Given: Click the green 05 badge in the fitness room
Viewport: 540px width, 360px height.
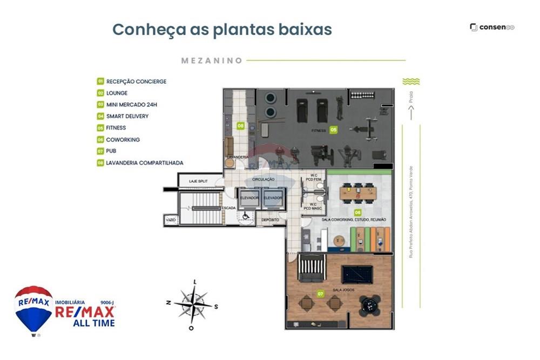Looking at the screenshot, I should pos(334,130).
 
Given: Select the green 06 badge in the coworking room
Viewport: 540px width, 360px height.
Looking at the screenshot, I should pos(357,213).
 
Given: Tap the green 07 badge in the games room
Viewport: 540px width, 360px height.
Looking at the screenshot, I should pos(320,294).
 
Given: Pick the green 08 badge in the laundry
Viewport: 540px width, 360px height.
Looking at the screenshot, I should pos(240,126).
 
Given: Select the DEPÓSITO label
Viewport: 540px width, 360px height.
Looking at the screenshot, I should pos(271,220).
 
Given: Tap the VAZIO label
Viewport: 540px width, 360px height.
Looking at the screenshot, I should pos(171,220).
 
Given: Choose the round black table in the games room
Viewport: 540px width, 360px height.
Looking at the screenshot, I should pos(371,307).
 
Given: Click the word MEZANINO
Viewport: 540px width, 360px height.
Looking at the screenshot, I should pos(212,61).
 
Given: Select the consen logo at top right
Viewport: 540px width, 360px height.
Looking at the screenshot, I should pos(492,28).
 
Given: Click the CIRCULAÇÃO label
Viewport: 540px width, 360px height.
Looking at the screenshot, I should pos(264,179).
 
